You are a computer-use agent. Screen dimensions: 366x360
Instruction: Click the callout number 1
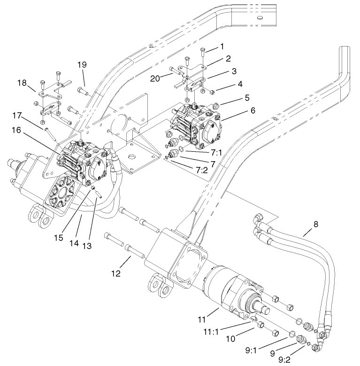222,46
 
